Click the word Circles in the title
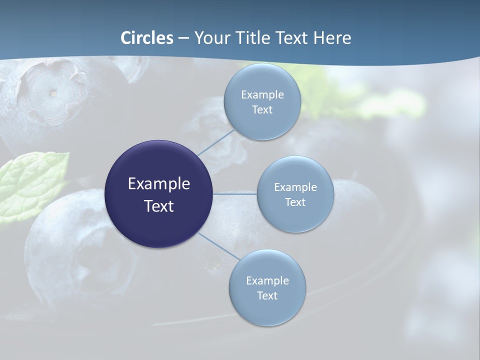point(147,38)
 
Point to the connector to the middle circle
point(234,194)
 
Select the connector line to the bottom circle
point(218,246)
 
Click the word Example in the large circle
point(159,183)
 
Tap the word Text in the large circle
point(159,205)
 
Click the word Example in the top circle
point(262,94)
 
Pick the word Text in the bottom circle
point(267,295)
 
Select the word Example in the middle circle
point(295,187)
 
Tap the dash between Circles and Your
point(183,38)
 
